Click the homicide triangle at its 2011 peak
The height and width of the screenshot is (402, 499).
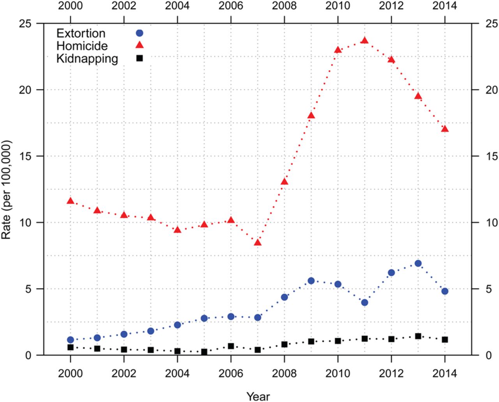[x=365, y=40]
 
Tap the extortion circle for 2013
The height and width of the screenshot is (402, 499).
[x=418, y=263]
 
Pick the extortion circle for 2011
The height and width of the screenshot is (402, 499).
[x=365, y=302]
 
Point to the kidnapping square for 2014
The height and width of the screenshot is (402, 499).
[x=445, y=340]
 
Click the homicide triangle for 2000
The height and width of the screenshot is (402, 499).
[x=71, y=201]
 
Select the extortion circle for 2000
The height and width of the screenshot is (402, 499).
[x=71, y=340]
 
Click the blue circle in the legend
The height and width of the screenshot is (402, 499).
[x=139, y=33]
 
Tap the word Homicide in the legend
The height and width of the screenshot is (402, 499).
[x=82, y=46]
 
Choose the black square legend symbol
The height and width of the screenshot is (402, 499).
[x=139, y=58]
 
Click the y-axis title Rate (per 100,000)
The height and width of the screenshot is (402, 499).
[x=7, y=190]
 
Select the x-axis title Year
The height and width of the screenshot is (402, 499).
[x=258, y=396]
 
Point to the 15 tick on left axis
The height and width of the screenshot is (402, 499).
[x=26, y=156]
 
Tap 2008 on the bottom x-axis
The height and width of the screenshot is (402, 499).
[x=284, y=374]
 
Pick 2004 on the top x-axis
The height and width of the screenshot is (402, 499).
[x=177, y=6]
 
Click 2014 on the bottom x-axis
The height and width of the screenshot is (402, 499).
[x=445, y=374]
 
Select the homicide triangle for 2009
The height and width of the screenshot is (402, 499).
[x=311, y=116]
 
